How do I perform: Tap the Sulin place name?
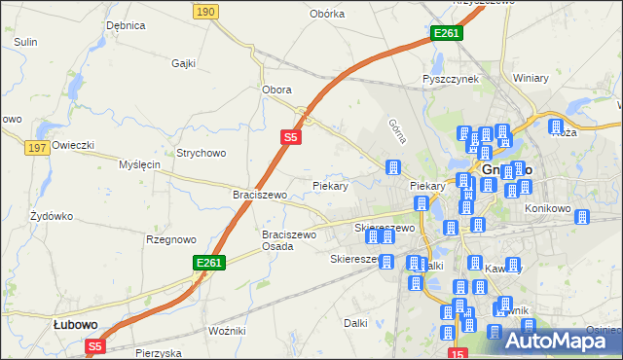[25, 42]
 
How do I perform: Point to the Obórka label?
[327, 14]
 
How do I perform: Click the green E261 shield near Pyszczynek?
[446, 33]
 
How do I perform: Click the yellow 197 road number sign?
[38, 147]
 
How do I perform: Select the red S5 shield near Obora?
[291, 138]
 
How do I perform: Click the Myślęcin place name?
[139, 164]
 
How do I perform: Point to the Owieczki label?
[73, 145]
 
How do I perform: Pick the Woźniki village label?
[227, 331]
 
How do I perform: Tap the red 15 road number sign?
[458, 353]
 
